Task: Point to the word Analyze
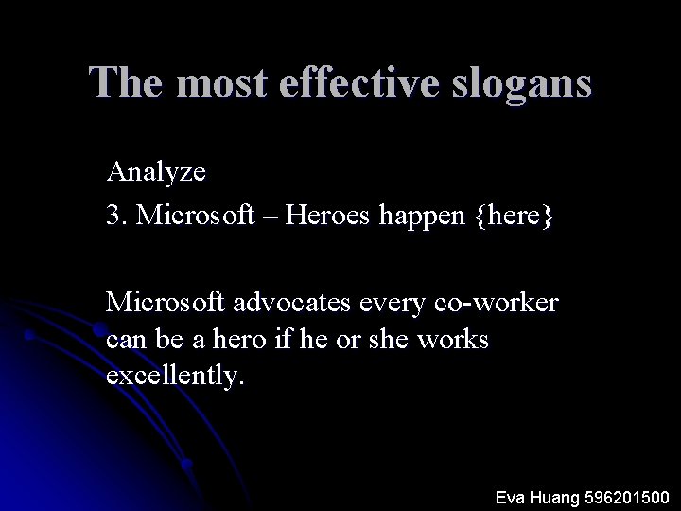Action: (157, 173)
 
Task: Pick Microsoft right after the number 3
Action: (196, 217)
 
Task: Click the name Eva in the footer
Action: (513, 496)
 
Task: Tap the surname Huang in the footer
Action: (560, 497)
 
